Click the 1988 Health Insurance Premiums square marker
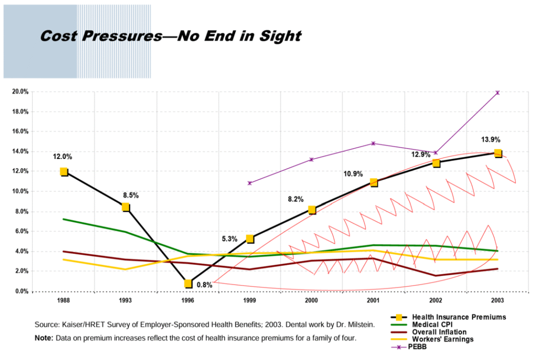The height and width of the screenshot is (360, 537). click(64, 172)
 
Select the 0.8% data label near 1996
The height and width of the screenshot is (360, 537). click(205, 285)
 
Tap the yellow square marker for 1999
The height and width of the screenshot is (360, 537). click(250, 239)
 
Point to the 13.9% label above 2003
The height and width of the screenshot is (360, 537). click(491, 140)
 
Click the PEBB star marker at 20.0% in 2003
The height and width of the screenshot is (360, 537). click(498, 93)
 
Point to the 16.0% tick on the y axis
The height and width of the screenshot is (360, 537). click(20, 132)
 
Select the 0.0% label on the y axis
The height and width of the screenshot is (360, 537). click(20, 291)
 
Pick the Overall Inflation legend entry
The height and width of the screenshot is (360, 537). click(438, 332)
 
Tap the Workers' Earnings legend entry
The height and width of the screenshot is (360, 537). click(443, 340)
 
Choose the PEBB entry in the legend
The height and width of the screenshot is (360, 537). click(421, 347)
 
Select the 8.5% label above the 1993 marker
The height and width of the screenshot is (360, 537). click(131, 195)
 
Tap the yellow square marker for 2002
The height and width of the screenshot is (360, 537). click(436, 163)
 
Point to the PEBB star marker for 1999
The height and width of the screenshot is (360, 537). click(250, 183)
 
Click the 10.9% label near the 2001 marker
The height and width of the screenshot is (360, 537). click(352, 174)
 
